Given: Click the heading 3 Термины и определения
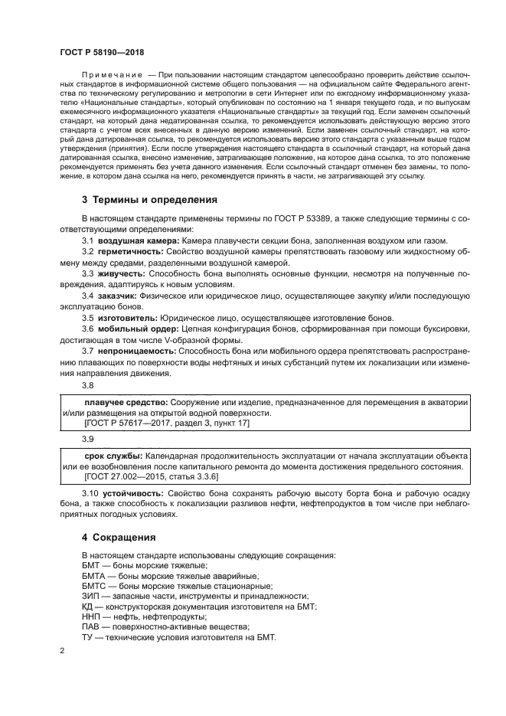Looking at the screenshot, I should (150, 199).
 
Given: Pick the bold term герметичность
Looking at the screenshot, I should (127, 251).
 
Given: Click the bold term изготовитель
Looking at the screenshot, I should (124, 318).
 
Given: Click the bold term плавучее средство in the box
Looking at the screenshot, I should (126, 402).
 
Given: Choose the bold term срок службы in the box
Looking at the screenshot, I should (113, 455).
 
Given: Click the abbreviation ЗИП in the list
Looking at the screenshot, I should (91, 596).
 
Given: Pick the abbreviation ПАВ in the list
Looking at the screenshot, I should (91, 626).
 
